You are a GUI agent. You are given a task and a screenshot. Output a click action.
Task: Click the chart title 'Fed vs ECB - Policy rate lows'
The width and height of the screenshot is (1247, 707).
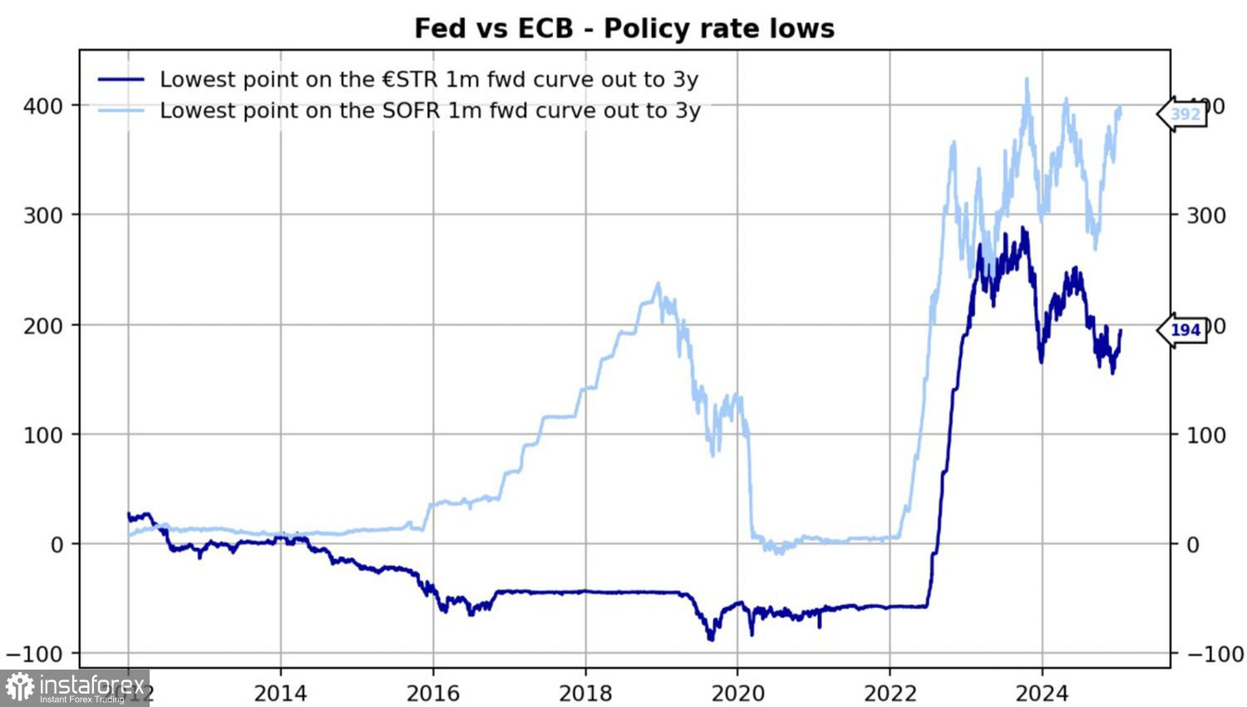click(x=623, y=28)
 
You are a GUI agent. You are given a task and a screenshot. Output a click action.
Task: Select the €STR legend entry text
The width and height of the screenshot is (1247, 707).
click(x=429, y=80)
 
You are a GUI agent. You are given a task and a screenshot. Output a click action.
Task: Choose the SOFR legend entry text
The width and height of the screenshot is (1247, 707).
click(x=430, y=111)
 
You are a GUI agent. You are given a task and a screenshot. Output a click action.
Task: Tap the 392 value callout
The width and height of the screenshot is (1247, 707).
click(x=1185, y=115)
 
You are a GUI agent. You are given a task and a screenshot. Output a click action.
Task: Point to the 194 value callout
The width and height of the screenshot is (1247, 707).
click(x=1185, y=330)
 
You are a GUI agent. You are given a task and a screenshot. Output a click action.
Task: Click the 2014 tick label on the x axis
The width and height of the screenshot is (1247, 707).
click(x=280, y=693)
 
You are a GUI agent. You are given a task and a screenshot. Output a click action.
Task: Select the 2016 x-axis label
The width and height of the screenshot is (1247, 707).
click(x=432, y=693)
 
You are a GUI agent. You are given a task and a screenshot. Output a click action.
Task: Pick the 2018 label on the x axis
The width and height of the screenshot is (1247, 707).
click(x=584, y=693)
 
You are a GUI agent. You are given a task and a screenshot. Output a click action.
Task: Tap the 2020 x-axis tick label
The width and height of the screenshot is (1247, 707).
click(x=737, y=693)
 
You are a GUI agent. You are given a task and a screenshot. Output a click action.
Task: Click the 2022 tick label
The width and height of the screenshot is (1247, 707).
click(x=890, y=693)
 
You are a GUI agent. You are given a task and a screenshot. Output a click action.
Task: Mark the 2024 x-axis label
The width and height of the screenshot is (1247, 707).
click(x=1042, y=693)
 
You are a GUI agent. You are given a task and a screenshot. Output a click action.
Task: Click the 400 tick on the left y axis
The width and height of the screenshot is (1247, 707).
click(x=43, y=106)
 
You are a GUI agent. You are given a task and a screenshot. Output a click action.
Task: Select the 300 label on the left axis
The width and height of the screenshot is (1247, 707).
click(x=43, y=215)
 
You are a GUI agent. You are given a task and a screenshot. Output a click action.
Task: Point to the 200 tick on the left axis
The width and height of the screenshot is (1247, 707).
click(x=43, y=325)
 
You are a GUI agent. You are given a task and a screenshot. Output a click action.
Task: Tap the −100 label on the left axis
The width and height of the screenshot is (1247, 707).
click(x=33, y=655)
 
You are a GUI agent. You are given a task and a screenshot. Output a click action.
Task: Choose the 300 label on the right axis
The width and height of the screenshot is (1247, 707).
click(x=1205, y=215)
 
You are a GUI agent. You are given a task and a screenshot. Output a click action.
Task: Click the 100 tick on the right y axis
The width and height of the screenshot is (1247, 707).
click(x=1205, y=435)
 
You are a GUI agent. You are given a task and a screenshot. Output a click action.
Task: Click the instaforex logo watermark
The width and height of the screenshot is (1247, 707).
click(x=75, y=688)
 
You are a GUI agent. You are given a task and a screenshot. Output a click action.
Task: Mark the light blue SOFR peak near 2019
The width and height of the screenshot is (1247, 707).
click(x=658, y=284)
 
